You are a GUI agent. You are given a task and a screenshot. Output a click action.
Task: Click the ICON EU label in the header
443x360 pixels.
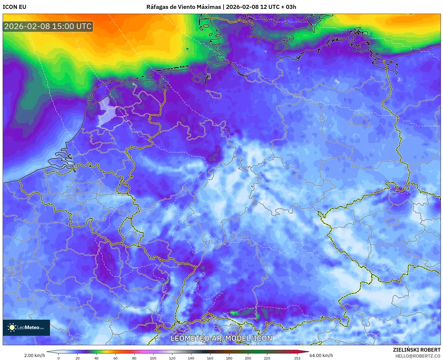click(x=15, y=7)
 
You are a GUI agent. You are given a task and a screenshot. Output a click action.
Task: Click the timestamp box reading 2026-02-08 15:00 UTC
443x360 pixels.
click(x=48, y=26)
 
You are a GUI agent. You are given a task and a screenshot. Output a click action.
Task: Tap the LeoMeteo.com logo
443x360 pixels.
click(x=26, y=327)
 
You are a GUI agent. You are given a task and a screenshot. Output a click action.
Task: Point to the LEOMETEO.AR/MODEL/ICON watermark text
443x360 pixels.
click(x=221, y=338)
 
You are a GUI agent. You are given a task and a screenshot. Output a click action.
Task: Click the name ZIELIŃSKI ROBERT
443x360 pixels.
click(x=417, y=350)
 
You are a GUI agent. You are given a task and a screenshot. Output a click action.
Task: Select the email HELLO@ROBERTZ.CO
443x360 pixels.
click(x=418, y=356)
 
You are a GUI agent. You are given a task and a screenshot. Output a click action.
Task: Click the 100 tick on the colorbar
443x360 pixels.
click(x=153, y=358)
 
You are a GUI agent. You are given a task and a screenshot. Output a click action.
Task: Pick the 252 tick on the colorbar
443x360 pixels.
click(x=297, y=358)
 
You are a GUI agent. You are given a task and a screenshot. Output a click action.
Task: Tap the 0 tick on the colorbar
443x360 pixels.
click(x=59, y=358)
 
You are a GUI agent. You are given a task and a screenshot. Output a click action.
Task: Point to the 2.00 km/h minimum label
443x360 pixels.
click(x=34, y=355)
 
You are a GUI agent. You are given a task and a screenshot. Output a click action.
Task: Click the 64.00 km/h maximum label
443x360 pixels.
click(x=321, y=355)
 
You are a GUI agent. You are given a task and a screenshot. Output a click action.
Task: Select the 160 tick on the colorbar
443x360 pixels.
click(x=210, y=358)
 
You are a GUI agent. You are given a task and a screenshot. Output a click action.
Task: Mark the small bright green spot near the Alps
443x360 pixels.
click(x=234, y=313)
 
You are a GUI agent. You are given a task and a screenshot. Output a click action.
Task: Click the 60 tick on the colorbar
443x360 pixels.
click(x=115, y=358)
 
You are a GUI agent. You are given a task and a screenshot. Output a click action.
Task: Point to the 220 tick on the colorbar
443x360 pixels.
click(x=267, y=358)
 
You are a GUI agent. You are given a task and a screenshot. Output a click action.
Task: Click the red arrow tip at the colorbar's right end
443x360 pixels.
click(x=308, y=352)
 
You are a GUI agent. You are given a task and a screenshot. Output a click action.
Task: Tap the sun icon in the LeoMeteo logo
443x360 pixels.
click(x=12, y=327)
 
